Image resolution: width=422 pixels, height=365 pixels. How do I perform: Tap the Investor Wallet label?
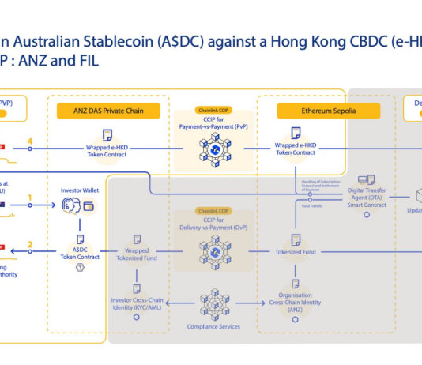tap(79, 190)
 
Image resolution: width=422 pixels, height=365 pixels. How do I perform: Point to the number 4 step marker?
tap(30, 142)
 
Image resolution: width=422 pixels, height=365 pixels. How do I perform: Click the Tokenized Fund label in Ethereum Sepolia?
tap(295, 252)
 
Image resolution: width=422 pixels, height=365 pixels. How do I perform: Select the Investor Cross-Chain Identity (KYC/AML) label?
tap(136, 303)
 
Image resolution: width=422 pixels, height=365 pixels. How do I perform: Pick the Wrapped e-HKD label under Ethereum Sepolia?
tap(295, 149)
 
